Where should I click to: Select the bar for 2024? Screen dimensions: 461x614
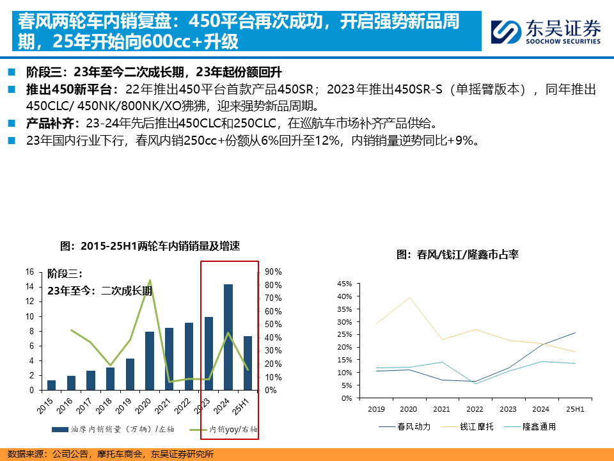click(x=228, y=337)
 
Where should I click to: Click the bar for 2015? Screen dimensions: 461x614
click(x=52, y=385)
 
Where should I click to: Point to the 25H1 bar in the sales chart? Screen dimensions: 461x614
click(x=248, y=362)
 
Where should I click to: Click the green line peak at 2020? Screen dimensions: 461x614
click(x=150, y=280)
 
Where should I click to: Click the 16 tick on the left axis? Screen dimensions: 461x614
click(x=29, y=272)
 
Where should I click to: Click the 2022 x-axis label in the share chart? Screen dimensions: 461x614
click(x=475, y=408)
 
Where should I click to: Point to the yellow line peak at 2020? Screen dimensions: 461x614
click(x=409, y=298)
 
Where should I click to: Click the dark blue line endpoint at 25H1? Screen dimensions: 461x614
click(x=575, y=332)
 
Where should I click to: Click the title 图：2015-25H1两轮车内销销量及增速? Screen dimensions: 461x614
click(x=150, y=246)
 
